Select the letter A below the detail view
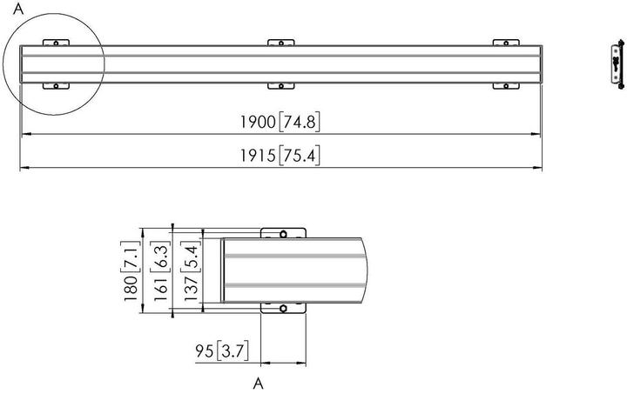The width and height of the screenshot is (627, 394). [259, 382]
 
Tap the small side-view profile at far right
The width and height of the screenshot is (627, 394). [617, 64]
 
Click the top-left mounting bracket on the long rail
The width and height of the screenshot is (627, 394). [56, 43]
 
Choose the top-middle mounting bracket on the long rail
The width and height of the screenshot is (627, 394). [280, 43]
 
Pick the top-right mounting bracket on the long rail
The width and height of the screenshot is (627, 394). [506, 43]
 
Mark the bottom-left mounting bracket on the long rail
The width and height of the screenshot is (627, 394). [56, 84]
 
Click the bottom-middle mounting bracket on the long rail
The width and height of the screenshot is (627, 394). [280, 84]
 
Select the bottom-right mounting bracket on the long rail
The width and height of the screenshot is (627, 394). [506, 84]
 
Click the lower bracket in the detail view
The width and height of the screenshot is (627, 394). [283, 308]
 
